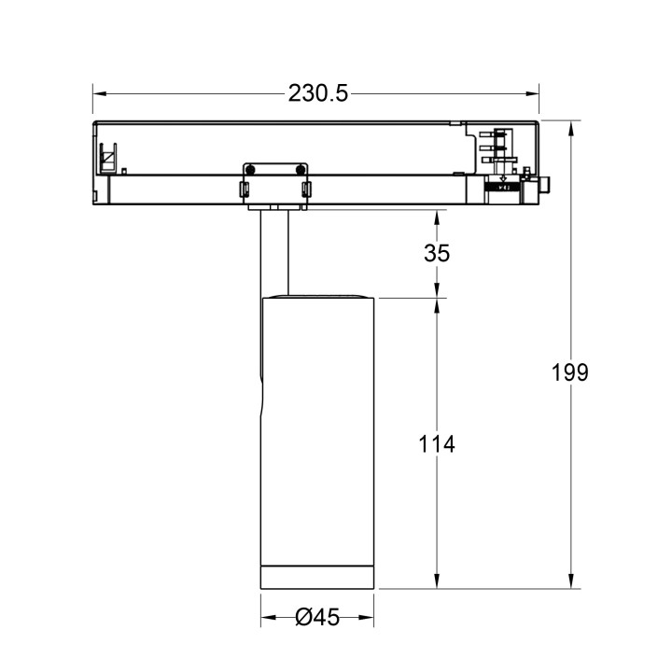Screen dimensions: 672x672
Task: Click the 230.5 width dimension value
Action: click(317, 93)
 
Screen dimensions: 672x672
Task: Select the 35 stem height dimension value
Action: click(437, 253)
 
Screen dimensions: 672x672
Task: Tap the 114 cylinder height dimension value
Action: click(436, 444)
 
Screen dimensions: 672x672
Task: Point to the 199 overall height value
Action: click(570, 372)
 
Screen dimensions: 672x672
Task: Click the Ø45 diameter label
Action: click(316, 618)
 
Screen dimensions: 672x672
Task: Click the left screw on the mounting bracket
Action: click(250, 168)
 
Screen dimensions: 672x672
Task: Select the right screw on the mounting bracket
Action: click(301, 168)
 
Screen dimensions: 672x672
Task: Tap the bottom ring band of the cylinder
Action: click(317, 577)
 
